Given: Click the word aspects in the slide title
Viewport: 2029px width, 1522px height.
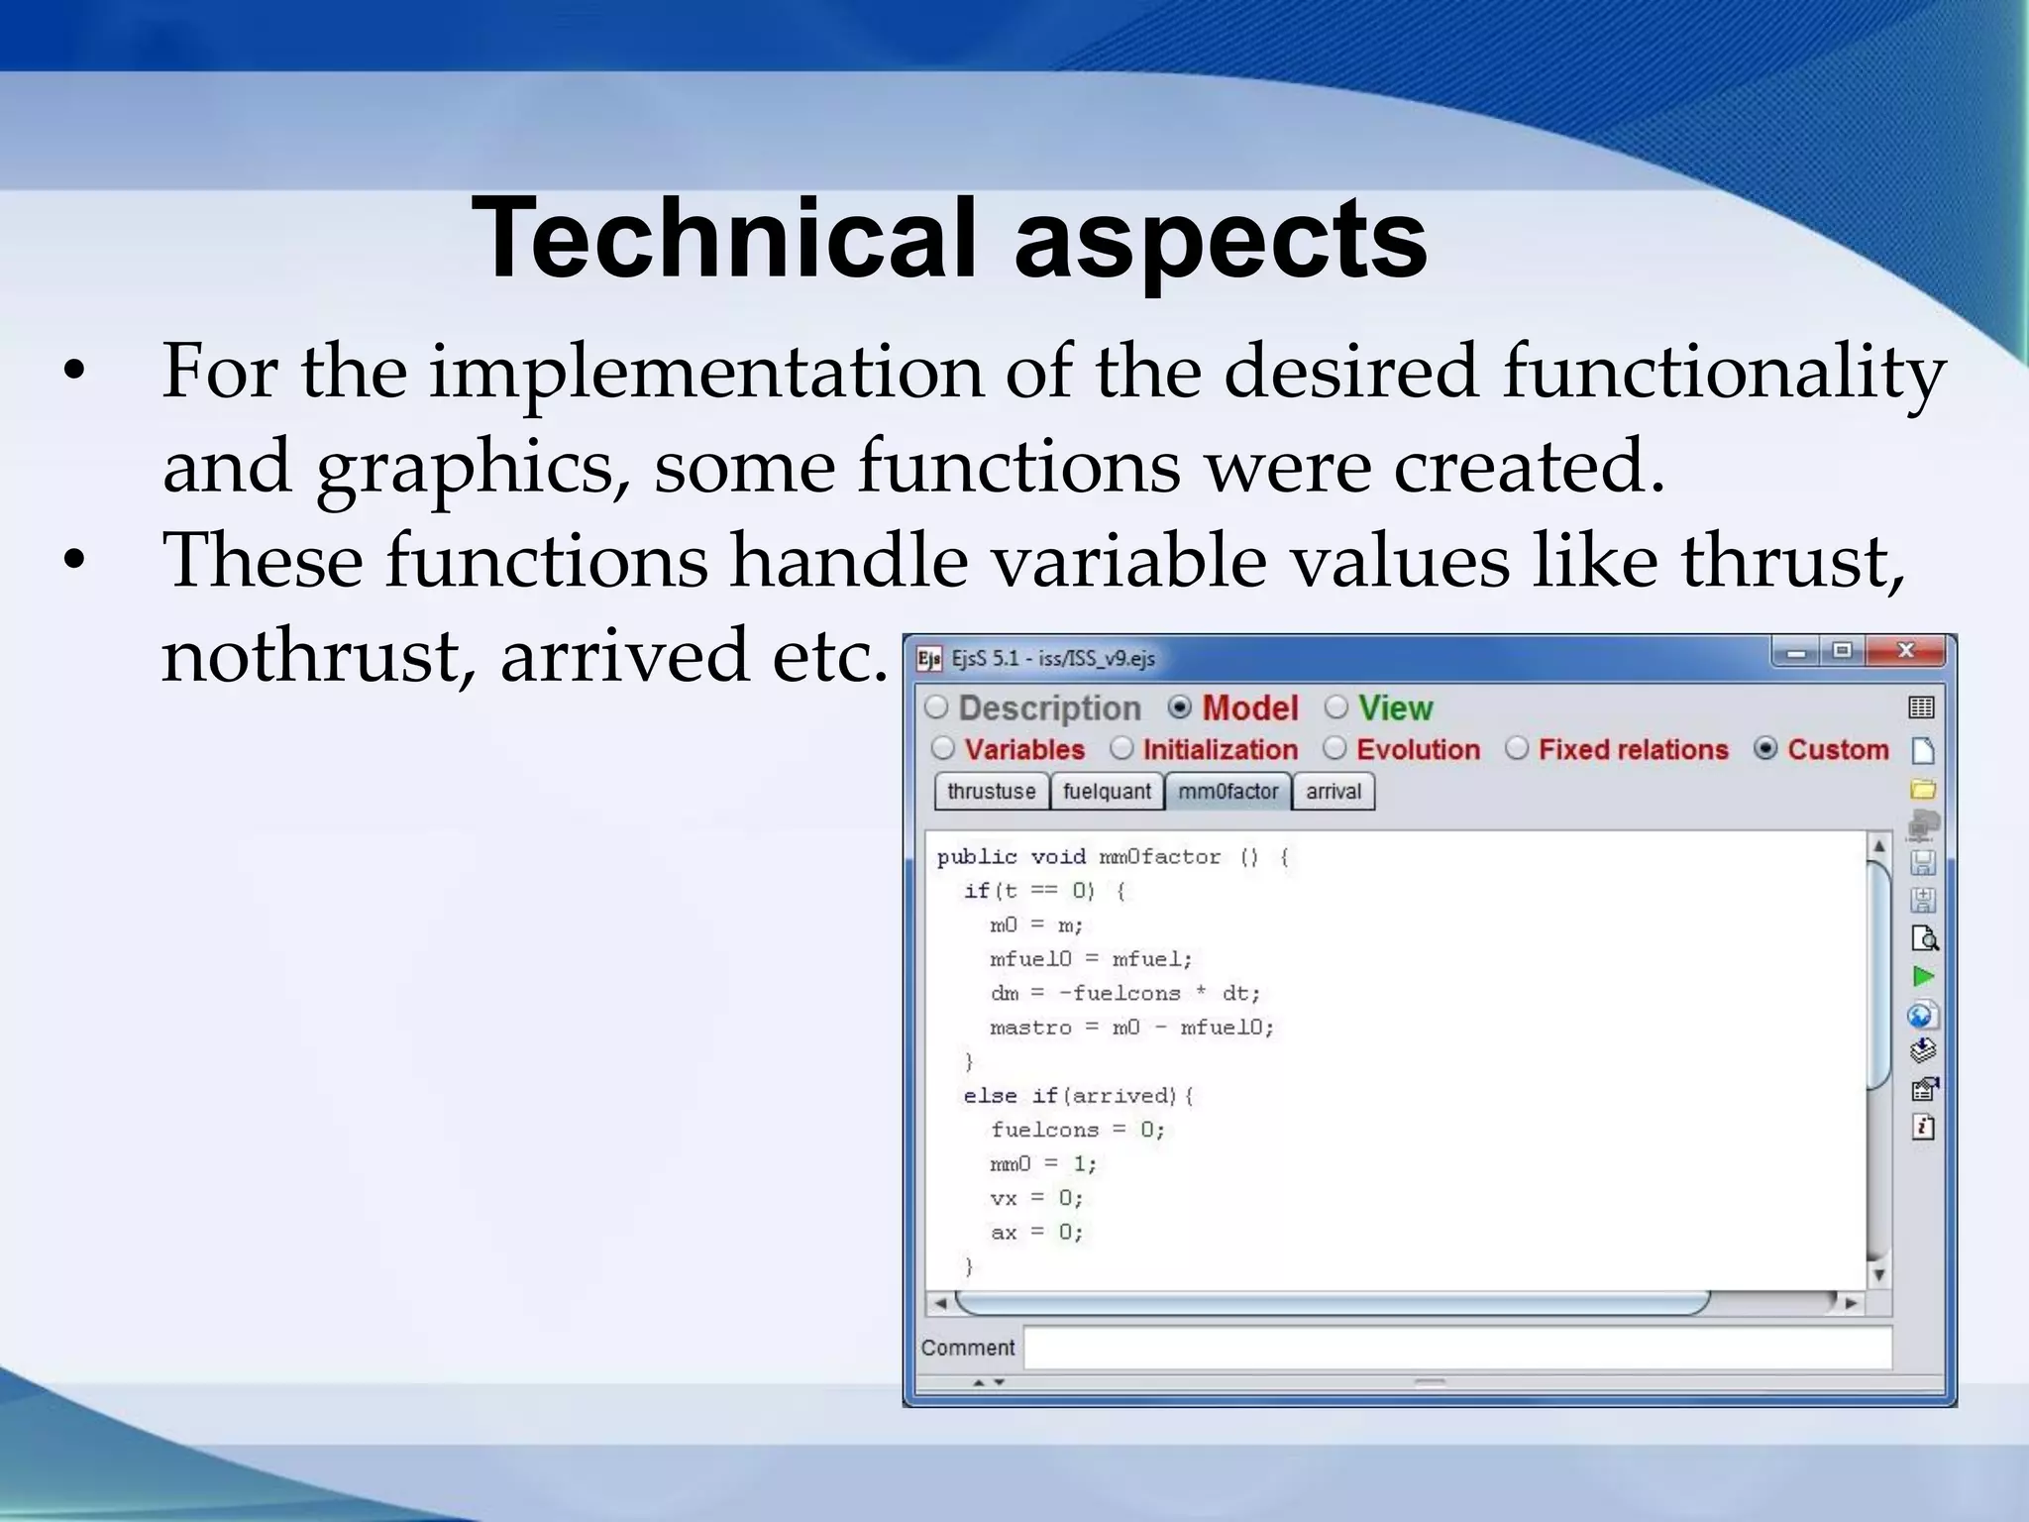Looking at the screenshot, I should tap(1220, 239).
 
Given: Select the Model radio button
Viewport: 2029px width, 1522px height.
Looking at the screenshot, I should tap(1180, 707).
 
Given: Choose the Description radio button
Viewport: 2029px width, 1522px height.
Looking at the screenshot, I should tap(937, 707).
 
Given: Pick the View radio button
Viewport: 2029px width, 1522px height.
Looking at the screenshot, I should tap(1336, 707).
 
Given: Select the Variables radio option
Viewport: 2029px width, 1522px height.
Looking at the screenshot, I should tap(943, 749).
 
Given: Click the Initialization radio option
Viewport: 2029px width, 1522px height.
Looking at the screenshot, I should tap(1121, 749).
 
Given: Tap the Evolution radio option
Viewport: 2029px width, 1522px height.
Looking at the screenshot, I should tap(1335, 749).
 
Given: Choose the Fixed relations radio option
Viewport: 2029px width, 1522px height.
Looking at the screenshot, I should tap(1517, 749).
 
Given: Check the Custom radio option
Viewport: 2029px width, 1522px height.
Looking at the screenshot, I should tap(1765, 749).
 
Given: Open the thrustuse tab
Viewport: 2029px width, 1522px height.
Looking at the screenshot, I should tap(991, 792).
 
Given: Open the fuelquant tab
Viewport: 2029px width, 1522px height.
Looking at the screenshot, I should tap(1107, 792).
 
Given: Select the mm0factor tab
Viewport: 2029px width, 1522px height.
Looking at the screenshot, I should tap(1228, 792).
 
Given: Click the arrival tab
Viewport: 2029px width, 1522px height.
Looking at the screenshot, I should tap(1334, 792).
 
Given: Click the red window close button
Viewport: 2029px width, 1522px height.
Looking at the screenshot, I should tap(1905, 651).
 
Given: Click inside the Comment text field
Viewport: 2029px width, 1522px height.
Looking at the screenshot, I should tap(1456, 1349).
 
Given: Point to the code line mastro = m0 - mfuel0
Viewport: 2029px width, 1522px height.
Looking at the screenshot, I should tap(1131, 1028).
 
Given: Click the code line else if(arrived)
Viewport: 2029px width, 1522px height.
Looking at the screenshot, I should tap(1079, 1096).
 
